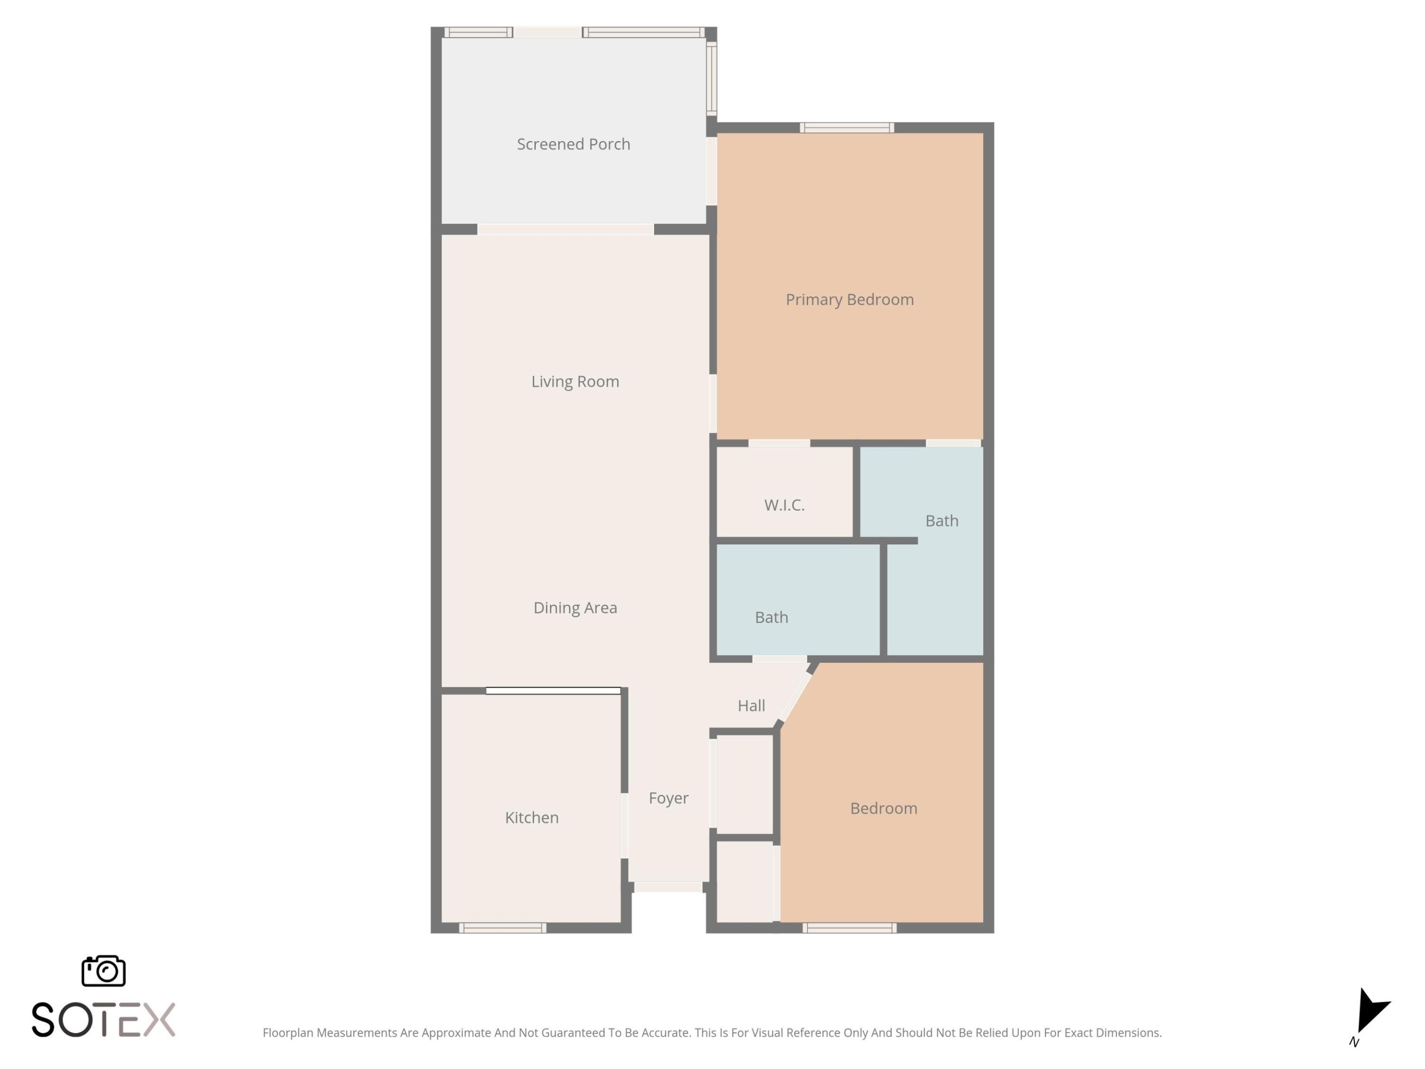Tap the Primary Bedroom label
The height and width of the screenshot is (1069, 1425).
click(x=849, y=299)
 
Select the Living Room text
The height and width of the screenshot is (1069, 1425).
click(x=574, y=382)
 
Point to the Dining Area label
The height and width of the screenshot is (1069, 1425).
click(x=574, y=608)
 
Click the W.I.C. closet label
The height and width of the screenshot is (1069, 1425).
click(x=784, y=505)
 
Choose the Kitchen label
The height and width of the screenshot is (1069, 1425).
click(x=531, y=818)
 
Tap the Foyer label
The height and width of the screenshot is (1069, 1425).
click(x=668, y=798)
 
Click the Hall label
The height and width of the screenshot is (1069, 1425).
click(x=751, y=706)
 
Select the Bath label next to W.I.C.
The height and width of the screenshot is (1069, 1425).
click(x=941, y=521)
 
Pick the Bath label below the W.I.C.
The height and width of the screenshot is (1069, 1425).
click(x=771, y=617)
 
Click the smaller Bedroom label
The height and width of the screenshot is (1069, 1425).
click(x=883, y=809)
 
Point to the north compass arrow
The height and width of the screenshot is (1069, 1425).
click(x=1371, y=1011)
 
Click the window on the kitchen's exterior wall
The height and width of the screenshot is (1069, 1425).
click(x=503, y=928)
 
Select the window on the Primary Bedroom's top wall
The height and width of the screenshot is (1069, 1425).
click(x=847, y=128)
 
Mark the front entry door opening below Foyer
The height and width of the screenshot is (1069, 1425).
click(x=668, y=887)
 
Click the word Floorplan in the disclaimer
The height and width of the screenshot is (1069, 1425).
click(x=288, y=1033)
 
